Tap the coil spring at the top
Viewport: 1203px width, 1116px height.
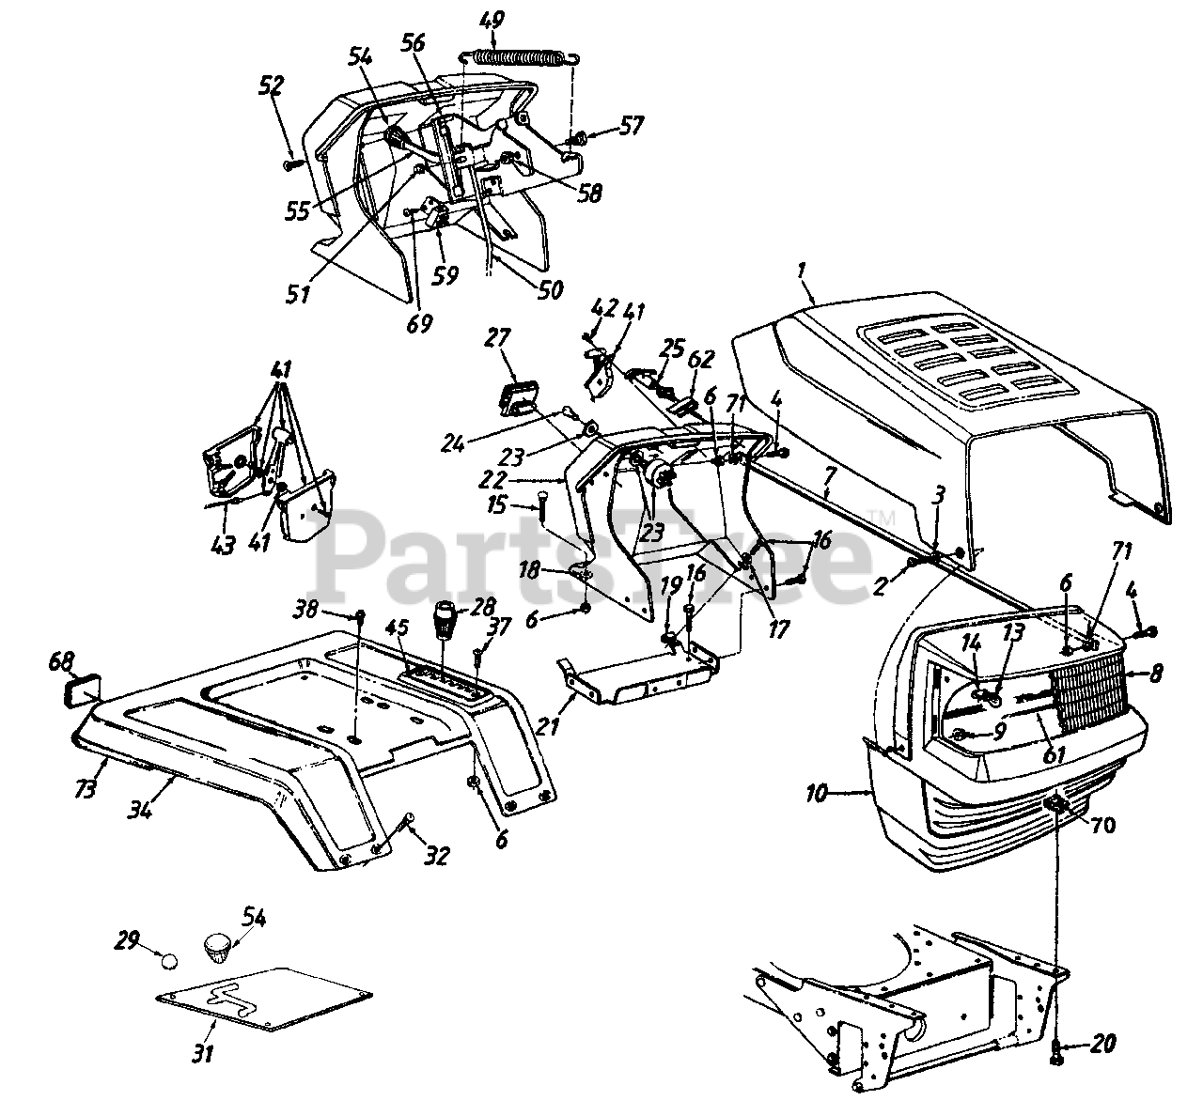coord(520,56)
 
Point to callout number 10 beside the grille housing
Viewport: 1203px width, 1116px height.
coord(816,794)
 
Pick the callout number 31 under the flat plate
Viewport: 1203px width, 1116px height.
coord(202,1054)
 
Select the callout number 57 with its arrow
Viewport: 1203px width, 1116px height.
coord(632,125)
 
